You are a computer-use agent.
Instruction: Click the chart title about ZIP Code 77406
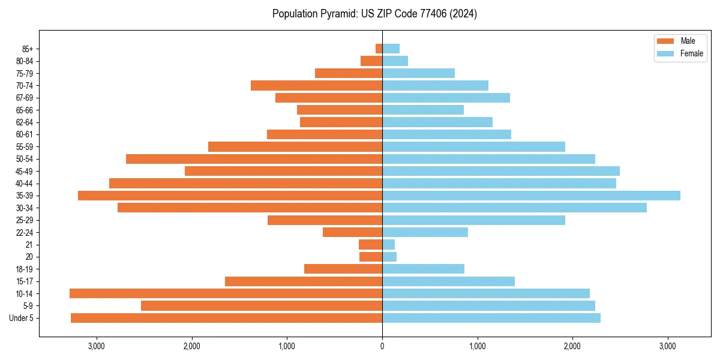coord(374,14)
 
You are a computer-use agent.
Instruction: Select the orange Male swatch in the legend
coord(665,41)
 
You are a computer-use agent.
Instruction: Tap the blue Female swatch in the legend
coord(665,53)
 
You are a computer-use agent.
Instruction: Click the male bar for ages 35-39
coord(230,196)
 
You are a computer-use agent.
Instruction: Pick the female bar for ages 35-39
coord(531,196)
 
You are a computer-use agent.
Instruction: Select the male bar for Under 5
coord(226,318)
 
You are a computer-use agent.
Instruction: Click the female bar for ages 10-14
coord(486,293)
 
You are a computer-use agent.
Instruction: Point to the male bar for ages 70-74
coord(316,86)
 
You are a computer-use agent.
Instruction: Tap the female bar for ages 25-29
coord(473,220)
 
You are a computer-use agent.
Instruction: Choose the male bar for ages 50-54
coord(254,159)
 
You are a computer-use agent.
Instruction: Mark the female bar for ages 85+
coord(391,49)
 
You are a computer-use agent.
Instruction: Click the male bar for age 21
coord(370,245)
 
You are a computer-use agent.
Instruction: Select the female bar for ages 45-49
coord(501,171)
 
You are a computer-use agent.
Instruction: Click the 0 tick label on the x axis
coord(382,346)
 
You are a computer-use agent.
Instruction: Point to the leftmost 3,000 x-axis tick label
coord(96,346)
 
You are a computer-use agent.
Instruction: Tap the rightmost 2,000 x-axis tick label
coord(572,346)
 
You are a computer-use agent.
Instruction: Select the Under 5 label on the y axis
coord(22,318)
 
